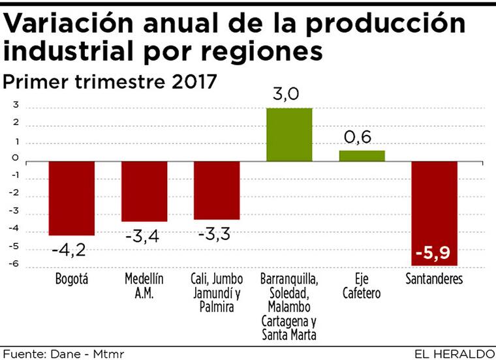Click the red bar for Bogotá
(72, 198)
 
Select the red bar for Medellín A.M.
(144, 191)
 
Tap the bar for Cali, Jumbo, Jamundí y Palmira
(217, 190)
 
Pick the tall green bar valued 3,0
(289, 134)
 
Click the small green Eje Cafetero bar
(362, 155)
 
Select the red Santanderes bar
(434, 213)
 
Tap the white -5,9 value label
(434, 251)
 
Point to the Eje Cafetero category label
(362, 286)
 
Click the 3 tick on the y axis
(14, 106)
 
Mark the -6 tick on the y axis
(13, 265)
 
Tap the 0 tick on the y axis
(14, 160)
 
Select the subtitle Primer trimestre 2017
(110, 83)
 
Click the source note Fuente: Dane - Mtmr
(63, 353)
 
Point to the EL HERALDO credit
(454, 353)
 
